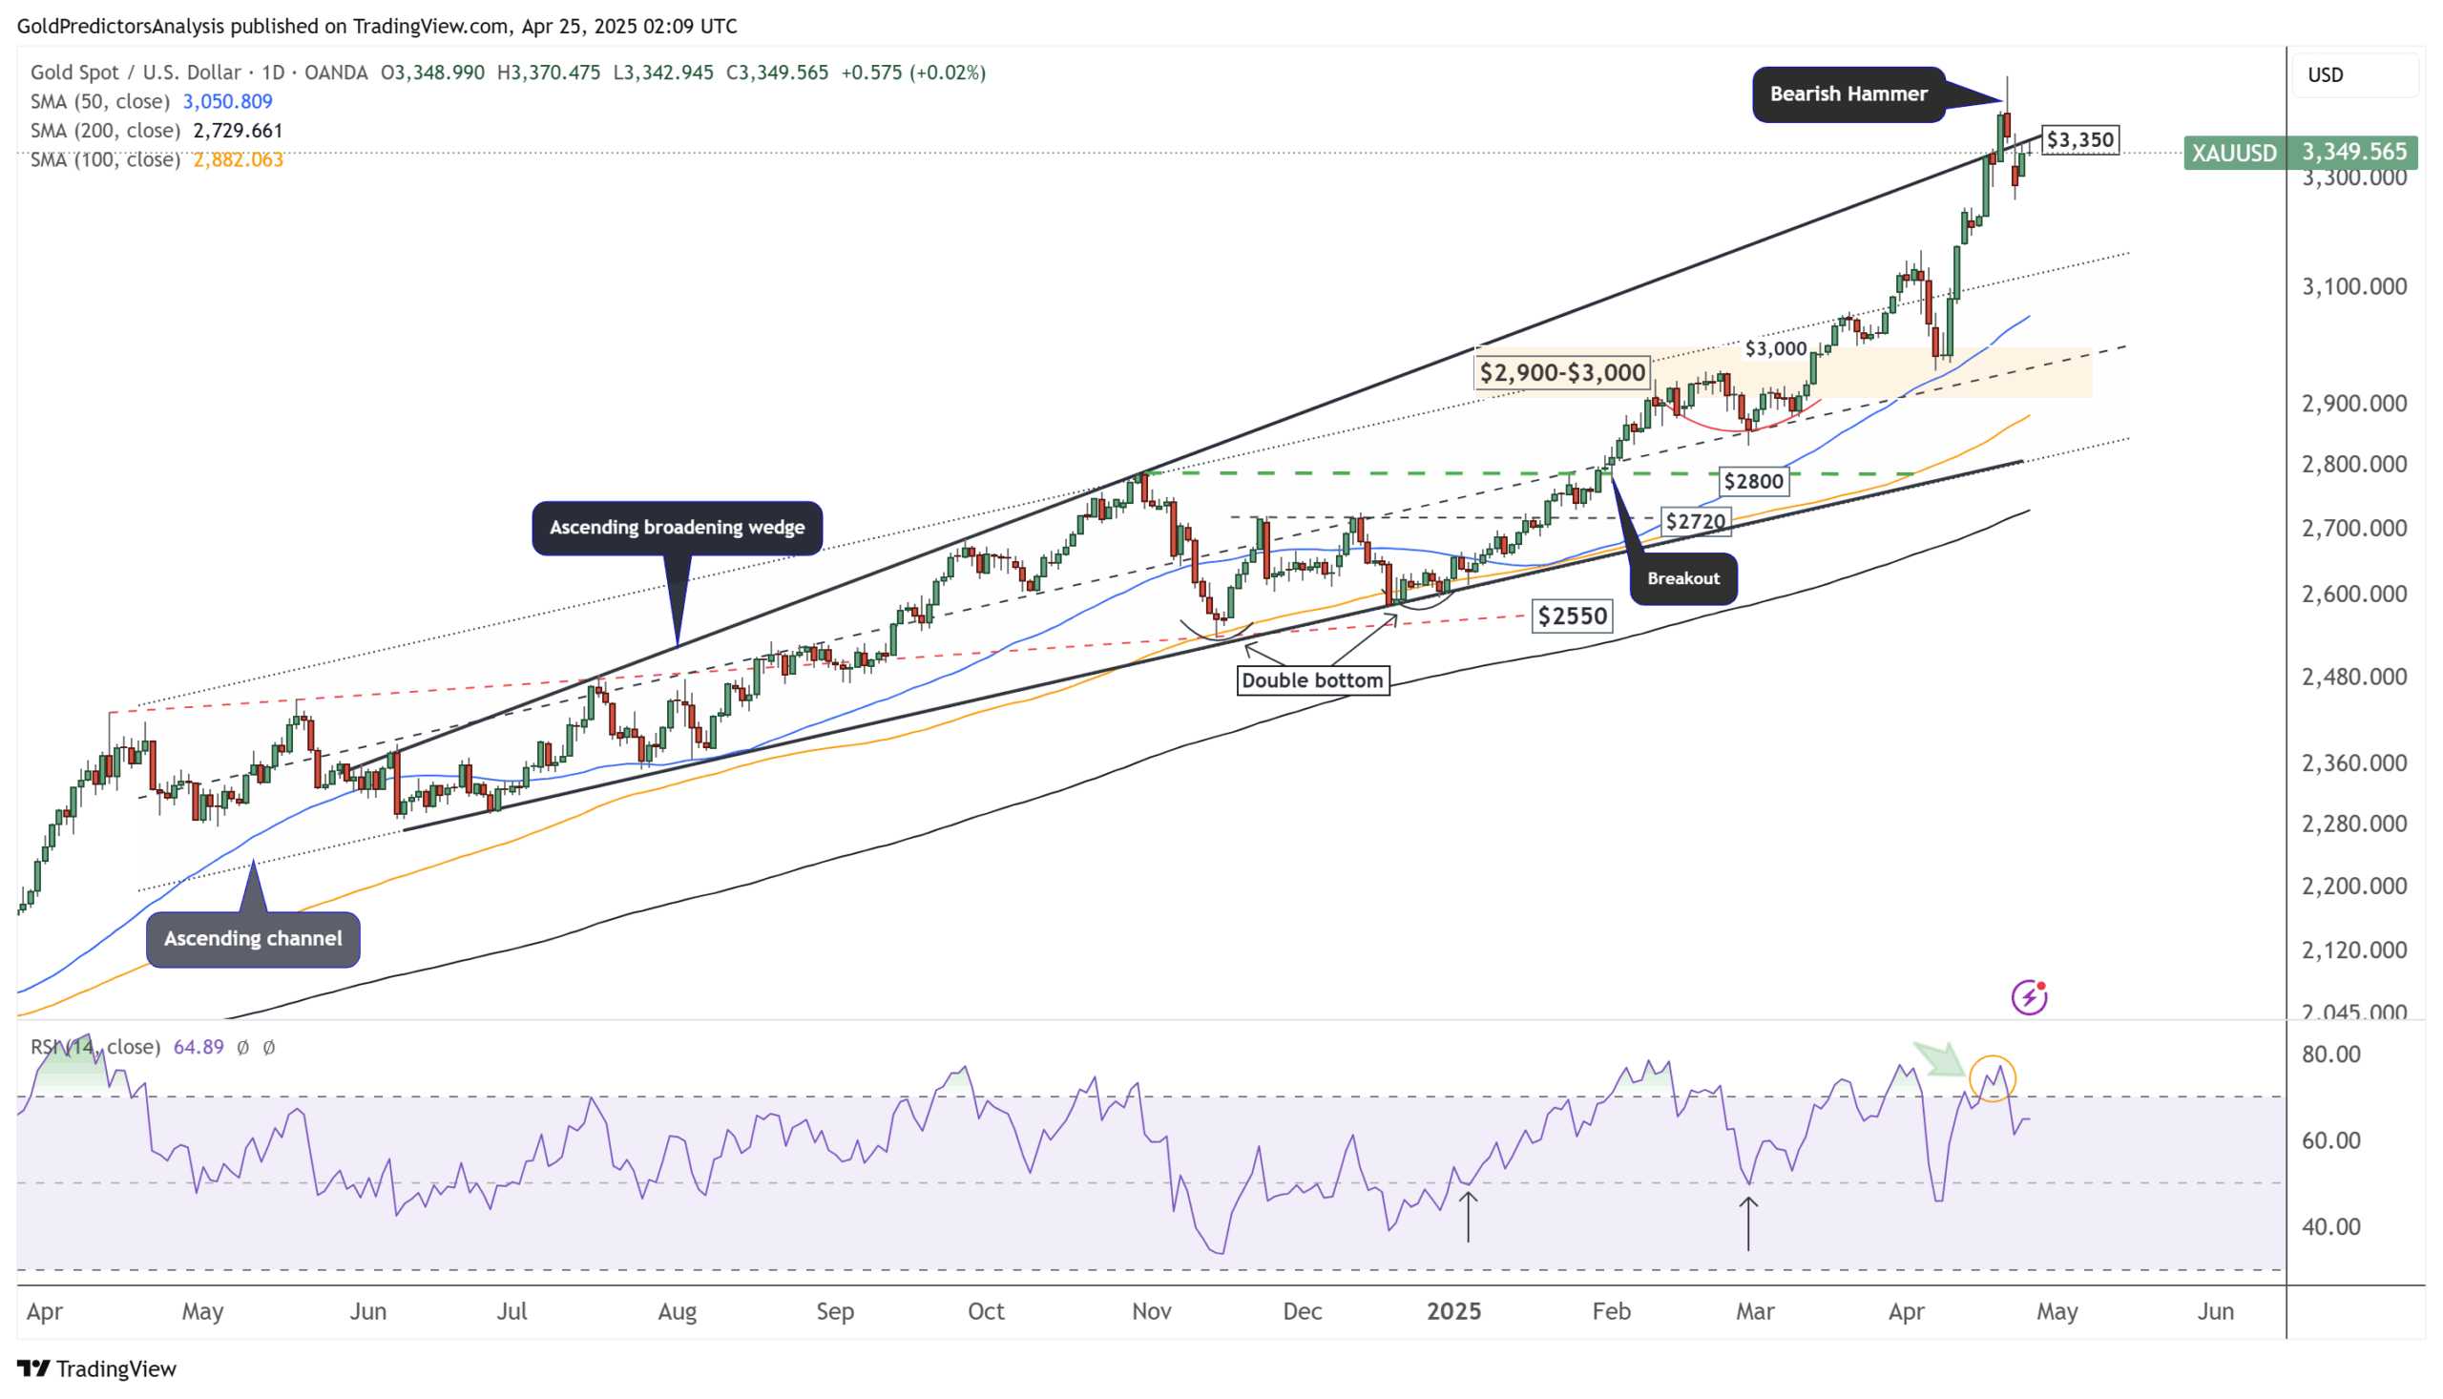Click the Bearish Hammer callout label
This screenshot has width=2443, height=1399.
(1848, 94)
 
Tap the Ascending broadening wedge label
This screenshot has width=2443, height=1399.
(677, 528)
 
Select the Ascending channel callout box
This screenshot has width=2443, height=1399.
(253, 939)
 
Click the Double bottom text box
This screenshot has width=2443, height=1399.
(1311, 680)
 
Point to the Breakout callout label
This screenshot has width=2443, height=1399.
(1683, 578)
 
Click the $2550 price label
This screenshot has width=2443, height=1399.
(1572, 616)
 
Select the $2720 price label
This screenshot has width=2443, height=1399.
(1695, 522)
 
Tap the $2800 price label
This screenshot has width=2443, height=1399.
(1752, 481)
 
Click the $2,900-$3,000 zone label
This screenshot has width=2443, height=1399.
(1562, 373)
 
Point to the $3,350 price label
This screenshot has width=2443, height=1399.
(2078, 140)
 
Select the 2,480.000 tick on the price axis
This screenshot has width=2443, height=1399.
(2353, 678)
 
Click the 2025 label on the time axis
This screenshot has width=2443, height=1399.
(1453, 1311)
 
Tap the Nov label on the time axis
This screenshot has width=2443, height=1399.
(1151, 1311)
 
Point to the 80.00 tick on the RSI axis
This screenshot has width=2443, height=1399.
(2330, 1054)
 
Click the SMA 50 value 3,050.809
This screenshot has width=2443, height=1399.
(228, 102)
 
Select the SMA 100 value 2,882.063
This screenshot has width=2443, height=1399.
(239, 159)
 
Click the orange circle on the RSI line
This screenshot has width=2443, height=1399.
(1992, 1078)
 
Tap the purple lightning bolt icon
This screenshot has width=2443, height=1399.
(2028, 997)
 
